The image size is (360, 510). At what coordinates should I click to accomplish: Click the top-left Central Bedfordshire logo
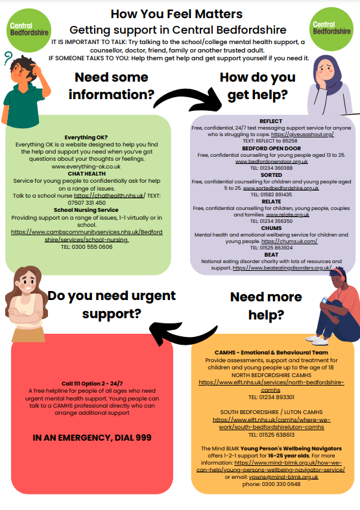[x=29, y=30]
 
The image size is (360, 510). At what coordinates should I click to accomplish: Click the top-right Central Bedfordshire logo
[x=331, y=29]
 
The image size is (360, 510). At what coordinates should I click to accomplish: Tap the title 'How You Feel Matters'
[x=176, y=14]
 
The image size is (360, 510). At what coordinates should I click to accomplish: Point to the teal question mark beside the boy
[x=8, y=58]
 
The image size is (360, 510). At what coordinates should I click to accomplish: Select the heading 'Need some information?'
[x=112, y=86]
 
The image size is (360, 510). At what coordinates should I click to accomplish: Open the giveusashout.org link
[x=302, y=134]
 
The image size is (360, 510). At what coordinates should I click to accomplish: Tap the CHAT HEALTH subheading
[x=86, y=174]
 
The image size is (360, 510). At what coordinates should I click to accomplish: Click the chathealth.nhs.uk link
[x=110, y=196]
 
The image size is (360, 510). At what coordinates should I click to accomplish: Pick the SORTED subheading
[x=271, y=175]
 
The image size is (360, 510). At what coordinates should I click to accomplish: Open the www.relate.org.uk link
[x=287, y=214]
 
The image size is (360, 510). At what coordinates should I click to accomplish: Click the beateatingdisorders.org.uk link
[x=282, y=268]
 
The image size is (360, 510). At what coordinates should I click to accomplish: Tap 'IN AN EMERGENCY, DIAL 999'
[x=92, y=438]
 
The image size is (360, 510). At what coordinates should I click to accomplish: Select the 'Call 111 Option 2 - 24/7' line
[x=92, y=384]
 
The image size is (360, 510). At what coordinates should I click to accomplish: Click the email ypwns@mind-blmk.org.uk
[x=283, y=477]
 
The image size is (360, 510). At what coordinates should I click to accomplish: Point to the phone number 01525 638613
[x=277, y=435]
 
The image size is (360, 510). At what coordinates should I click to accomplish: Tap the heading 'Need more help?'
[x=266, y=306]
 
